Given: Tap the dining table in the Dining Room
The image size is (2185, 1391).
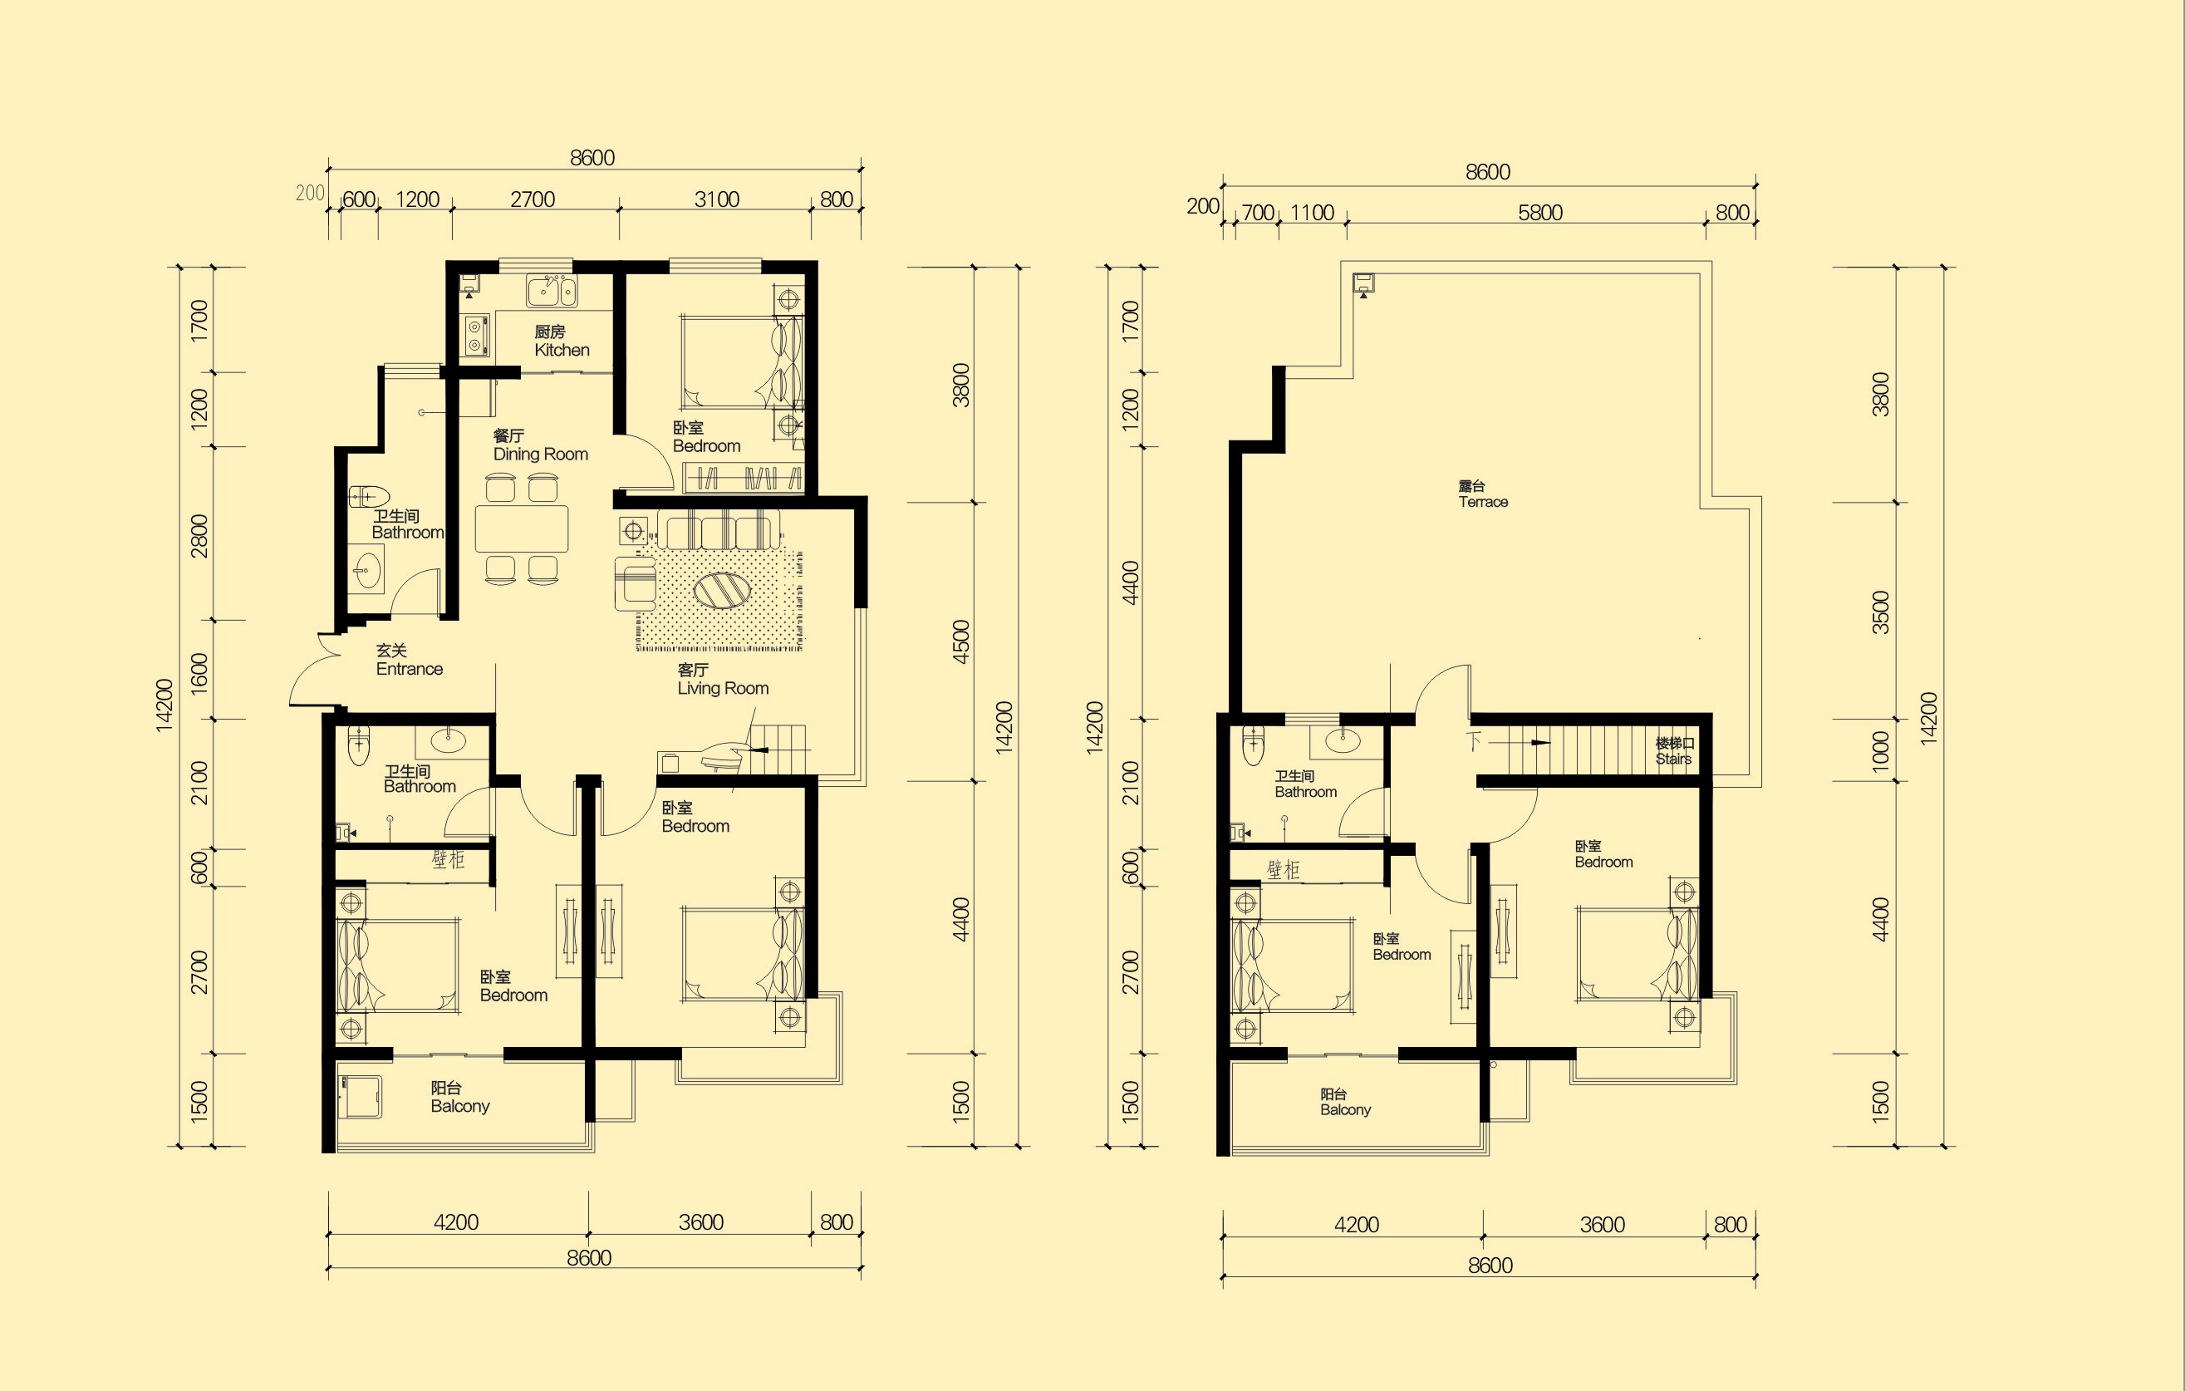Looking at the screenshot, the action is click(x=522, y=528).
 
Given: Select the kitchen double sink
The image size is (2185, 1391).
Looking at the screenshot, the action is click(x=551, y=292).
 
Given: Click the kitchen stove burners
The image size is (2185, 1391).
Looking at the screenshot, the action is click(x=474, y=335).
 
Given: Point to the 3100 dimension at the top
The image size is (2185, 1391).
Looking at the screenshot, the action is click(x=717, y=199).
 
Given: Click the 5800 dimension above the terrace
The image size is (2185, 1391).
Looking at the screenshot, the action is click(x=1539, y=214).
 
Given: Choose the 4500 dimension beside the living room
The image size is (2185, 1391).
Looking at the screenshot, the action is click(x=961, y=641).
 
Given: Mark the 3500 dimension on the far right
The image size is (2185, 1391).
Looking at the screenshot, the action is click(x=1881, y=612).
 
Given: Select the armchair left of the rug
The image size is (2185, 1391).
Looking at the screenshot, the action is click(x=636, y=583).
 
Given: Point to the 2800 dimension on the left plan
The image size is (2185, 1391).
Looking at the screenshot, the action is click(x=199, y=535).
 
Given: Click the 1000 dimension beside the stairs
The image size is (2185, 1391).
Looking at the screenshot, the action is click(x=1881, y=750).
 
